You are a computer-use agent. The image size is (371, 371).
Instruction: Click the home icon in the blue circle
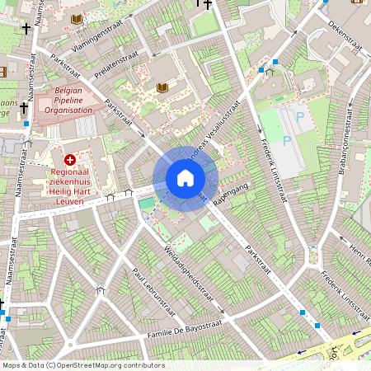185,177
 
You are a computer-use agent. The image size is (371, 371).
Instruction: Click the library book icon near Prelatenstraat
162,87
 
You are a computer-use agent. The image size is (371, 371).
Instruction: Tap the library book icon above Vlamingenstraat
77,18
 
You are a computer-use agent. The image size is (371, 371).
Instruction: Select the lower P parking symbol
287,141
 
